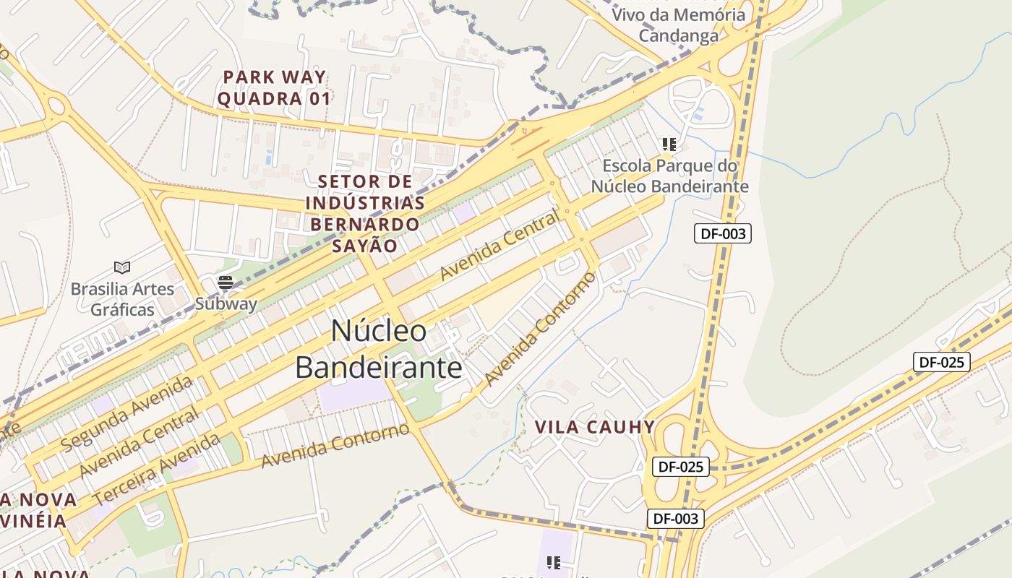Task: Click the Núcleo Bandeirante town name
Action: (378, 350)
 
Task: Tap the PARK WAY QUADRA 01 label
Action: (274, 88)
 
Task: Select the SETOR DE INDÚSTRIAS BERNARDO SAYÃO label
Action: (364, 214)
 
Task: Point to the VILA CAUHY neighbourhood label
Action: (595, 427)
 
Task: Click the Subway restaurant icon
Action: (226, 282)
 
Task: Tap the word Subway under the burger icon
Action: (226, 303)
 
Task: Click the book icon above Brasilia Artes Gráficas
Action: (122, 268)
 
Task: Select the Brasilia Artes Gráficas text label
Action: (122, 299)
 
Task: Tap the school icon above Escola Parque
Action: (669, 144)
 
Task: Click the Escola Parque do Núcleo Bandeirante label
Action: (669, 176)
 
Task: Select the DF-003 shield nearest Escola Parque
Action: (722, 233)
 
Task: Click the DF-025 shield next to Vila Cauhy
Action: (680, 467)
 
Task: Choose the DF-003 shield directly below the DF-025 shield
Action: (675, 518)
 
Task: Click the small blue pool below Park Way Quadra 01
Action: (269, 157)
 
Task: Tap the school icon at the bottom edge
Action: (554, 562)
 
